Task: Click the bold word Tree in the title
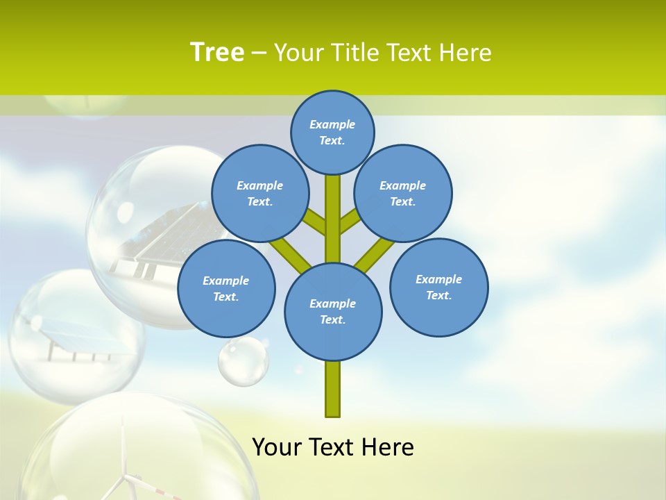click(217, 52)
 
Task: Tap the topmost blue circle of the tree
click(332, 132)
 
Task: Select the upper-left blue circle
click(259, 193)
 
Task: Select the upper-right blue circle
click(402, 193)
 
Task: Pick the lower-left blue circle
click(225, 288)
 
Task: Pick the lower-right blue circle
click(438, 287)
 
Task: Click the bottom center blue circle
click(332, 311)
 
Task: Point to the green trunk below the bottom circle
click(332, 389)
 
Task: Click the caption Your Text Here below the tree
click(332, 447)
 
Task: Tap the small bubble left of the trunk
click(243, 361)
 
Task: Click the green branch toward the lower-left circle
click(289, 253)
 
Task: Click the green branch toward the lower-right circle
click(375, 253)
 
